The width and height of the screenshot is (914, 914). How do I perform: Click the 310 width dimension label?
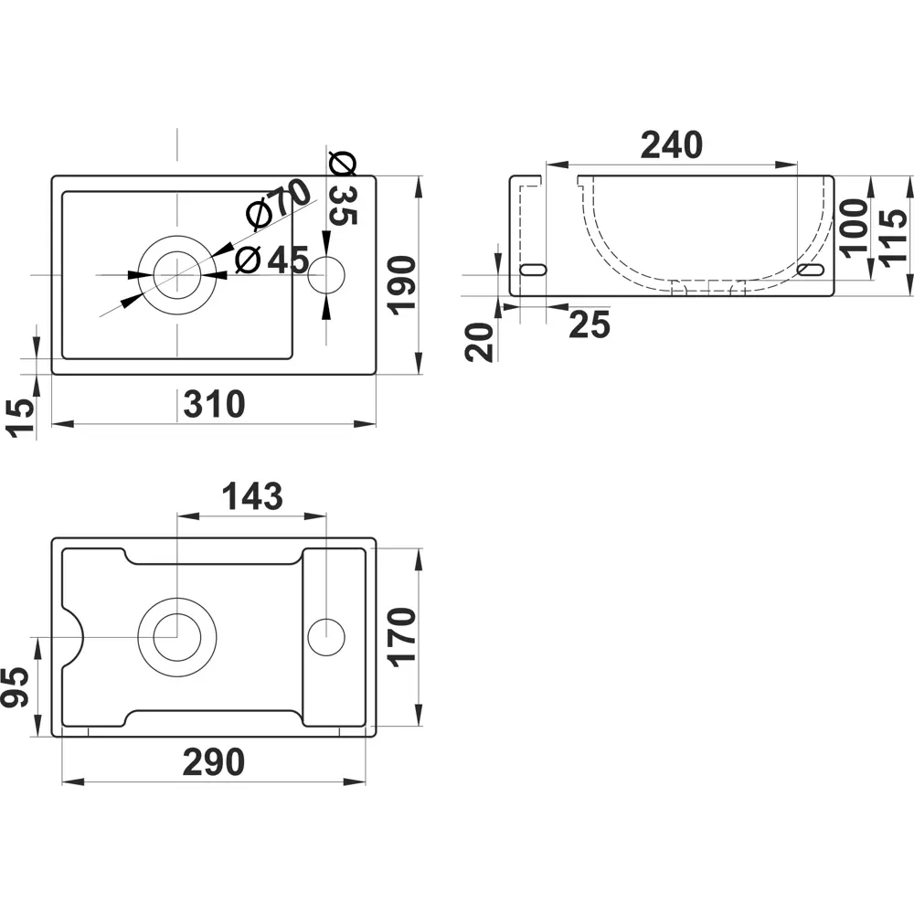(214, 403)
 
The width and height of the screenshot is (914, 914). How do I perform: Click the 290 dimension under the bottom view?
(213, 761)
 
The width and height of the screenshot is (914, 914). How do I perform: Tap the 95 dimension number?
(16, 686)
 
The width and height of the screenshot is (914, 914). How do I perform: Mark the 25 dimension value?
(589, 324)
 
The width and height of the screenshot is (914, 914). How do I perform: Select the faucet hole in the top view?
(325, 275)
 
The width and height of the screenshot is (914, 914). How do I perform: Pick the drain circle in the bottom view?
(176, 636)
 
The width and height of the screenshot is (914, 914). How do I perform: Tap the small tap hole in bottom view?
(325, 636)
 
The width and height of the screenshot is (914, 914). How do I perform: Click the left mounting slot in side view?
(533, 271)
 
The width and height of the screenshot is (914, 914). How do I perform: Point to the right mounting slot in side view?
(811, 271)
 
